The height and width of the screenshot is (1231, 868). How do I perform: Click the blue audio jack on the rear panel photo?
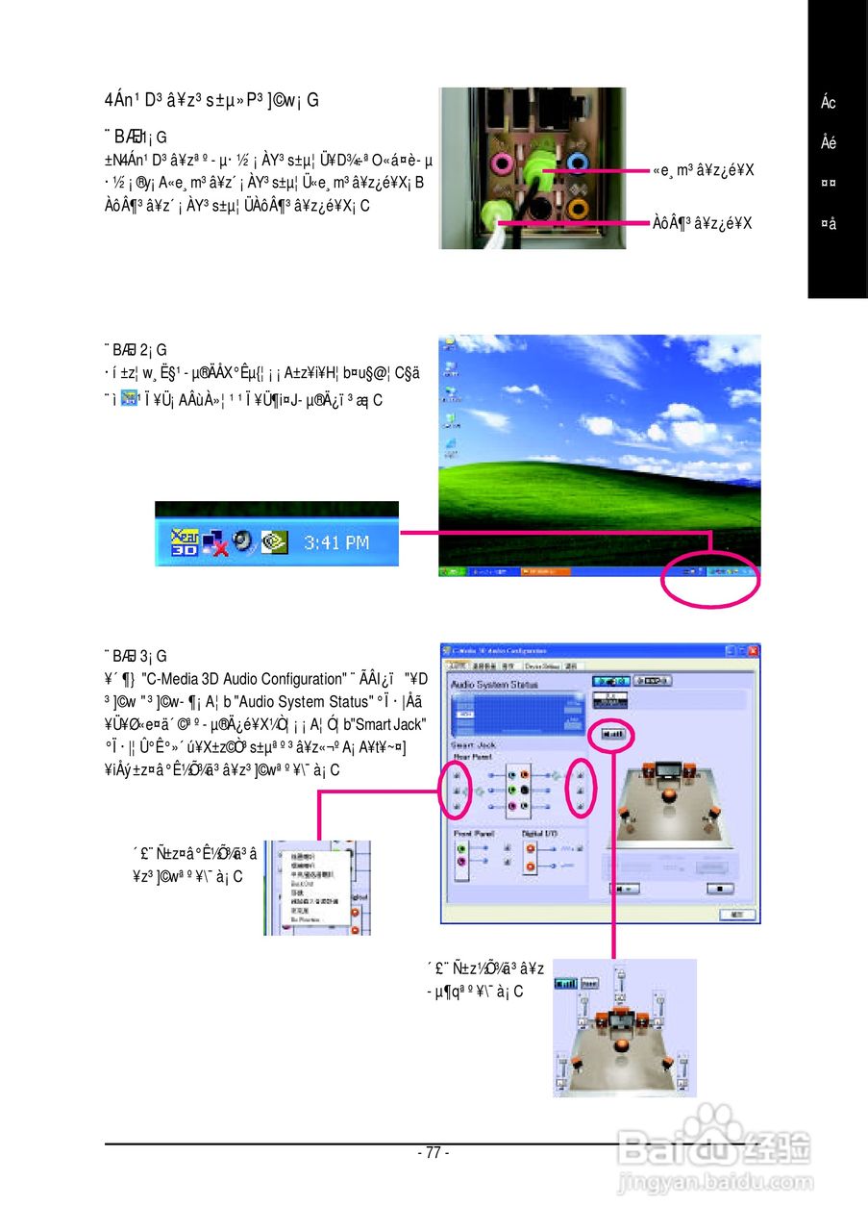(577, 161)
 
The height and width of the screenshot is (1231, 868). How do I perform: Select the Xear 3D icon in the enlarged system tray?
(185, 541)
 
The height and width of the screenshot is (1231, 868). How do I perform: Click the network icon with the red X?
(214, 542)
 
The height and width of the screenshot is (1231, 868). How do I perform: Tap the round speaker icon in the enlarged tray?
(242, 541)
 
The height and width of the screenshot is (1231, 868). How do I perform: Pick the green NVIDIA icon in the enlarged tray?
(272, 541)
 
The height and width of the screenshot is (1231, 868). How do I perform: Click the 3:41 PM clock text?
(336, 542)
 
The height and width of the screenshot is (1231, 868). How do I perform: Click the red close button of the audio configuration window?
(753, 651)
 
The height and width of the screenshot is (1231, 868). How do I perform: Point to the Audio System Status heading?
(495, 684)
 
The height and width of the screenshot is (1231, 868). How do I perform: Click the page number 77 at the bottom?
(434, 1152)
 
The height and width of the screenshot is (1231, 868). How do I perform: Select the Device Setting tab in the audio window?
(543, 666)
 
